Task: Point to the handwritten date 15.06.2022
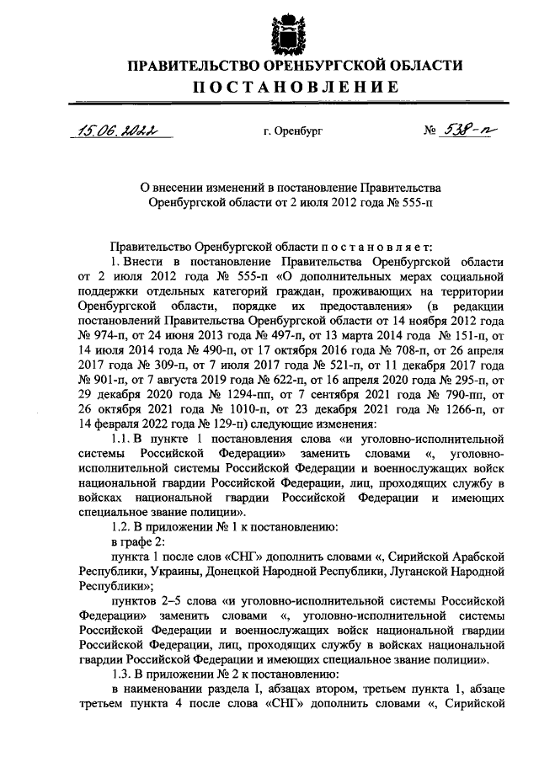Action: (x=119, y=130)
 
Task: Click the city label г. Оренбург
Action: (x=292, y=131)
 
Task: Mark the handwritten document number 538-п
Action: (x=470, y=130)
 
